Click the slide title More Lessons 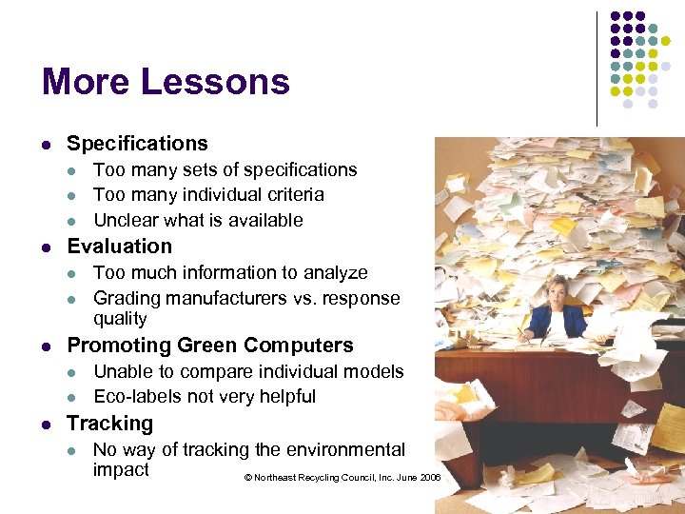(166, 82)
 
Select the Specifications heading (137, 144)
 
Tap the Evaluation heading (119, 247)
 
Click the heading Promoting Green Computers (209, 346)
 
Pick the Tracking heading (109, 424)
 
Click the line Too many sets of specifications (225, 170)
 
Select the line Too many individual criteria (208, 195)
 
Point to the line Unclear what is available (198, 221)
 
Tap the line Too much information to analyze (230, 273)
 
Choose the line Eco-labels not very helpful (205, 397)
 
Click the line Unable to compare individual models (248, 372)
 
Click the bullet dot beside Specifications (47, 145)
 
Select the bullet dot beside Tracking (47, 425)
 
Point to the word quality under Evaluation (120, 320)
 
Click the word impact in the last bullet (121, 470)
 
